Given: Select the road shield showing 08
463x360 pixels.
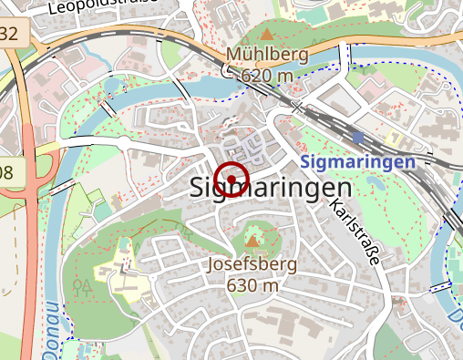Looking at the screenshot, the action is tap(7, 173).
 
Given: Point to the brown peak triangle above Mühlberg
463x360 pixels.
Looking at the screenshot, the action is tap(267, 34).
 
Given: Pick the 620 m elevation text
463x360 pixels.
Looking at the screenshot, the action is tap(269, 75).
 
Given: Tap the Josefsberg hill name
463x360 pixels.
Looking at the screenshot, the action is tap(252, 265).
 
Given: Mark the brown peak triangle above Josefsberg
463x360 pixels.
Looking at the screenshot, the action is tap(252, 242).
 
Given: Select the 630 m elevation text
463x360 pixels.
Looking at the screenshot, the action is tap(252, 284).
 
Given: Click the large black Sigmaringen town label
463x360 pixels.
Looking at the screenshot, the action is tap(273, 188).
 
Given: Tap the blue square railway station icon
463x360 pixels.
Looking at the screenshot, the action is tap(358, 139).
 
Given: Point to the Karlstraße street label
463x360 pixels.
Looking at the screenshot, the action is tap(354, 231).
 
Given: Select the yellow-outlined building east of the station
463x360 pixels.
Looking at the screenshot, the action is tap(394, 139).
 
